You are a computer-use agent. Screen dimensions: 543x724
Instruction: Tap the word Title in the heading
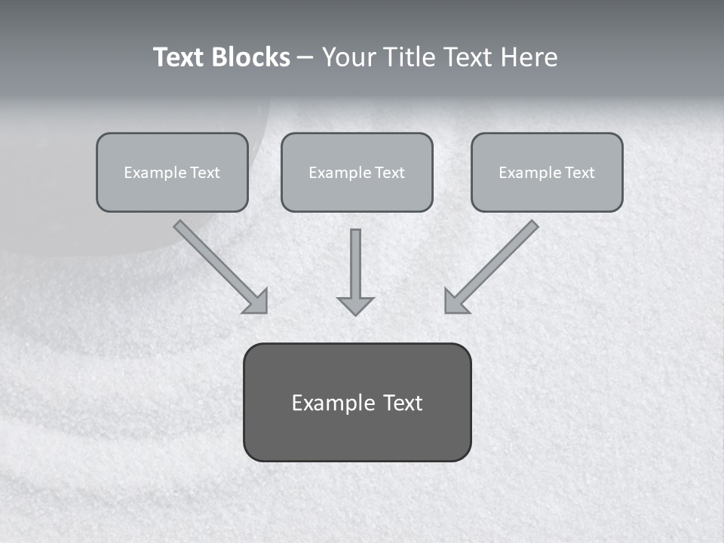(407, 57)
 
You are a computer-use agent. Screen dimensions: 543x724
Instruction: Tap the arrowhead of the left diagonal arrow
(256, 302)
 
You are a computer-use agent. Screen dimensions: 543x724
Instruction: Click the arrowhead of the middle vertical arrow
(355, 305)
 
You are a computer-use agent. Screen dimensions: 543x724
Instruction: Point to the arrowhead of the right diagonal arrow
(456, 302)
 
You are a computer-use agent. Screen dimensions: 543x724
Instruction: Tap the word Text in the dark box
(402, 403)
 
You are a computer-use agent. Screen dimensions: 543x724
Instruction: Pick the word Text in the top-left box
(204, 173)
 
